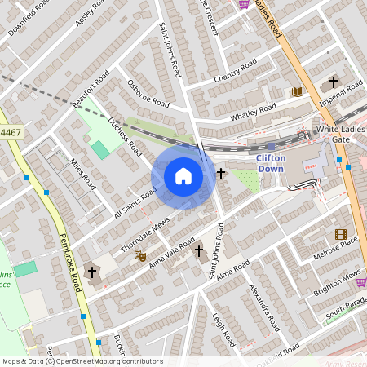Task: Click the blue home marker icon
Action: click(x=183, y=176)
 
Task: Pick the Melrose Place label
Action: click(x=338, y=245)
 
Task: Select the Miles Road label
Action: click(x=84, y=174)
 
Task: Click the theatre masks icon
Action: click(x=140, y=255)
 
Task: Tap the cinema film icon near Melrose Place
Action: click(x=340, y=234)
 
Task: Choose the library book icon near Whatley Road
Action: click(x=297, y=91)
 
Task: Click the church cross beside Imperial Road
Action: click(x=333, y=82)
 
